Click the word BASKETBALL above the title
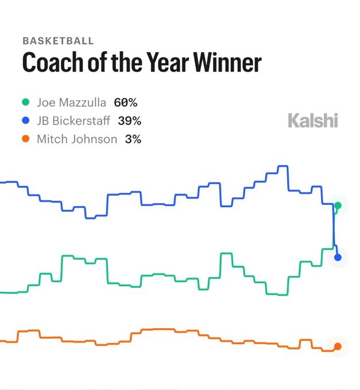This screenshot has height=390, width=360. tap(58, 41)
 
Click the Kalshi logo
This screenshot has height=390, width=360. tap(312, 120)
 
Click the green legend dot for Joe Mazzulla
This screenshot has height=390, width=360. tap(25, 103)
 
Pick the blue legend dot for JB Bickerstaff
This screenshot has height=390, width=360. tap(25, 121)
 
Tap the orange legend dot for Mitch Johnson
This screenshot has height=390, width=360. tap(25, 139)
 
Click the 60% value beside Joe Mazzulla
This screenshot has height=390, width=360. tap(125, 103)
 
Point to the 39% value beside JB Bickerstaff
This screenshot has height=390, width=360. tap(129, 121)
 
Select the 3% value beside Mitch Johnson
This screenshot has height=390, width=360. tap(133, 139)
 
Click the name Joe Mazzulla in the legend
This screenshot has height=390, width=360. tap(72, 103)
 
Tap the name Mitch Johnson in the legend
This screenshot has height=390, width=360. tap(78, 139)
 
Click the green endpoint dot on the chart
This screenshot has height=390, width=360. tap(338, 205)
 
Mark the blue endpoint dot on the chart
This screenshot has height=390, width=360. tap(338, 257)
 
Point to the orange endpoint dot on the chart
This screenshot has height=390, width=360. tap(338, 346)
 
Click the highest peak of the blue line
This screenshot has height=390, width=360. tap(282, 166)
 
